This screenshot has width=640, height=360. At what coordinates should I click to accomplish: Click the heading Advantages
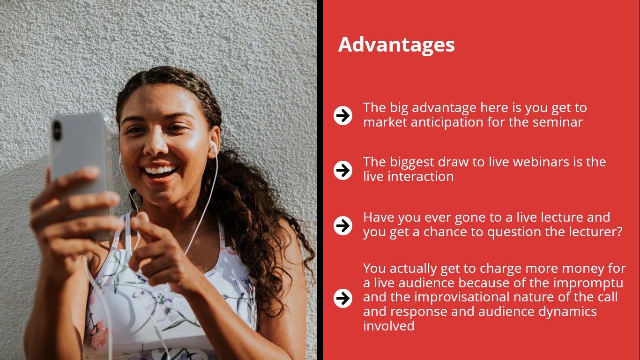coord(396,45)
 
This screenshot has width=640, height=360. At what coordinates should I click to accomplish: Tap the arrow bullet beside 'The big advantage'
coord(343,115)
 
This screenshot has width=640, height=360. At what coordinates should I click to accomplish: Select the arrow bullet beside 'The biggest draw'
coord(343,171)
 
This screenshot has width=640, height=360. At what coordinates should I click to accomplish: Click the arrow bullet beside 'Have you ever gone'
coord(343,225)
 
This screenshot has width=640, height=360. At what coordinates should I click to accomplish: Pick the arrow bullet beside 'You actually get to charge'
coord(343,298)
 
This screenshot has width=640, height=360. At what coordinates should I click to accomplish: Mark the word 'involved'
coord(388,326)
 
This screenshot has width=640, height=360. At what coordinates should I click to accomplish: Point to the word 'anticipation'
coord(447,123)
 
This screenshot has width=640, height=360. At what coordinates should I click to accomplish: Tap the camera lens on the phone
coord(57,130)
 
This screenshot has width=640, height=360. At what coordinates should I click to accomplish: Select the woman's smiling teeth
coord(160,170)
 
